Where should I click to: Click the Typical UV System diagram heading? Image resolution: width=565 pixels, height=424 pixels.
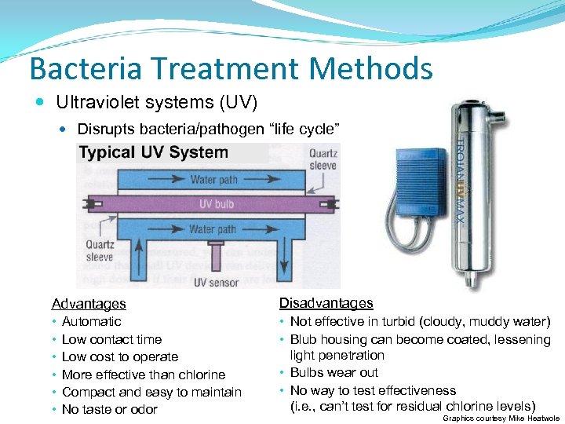click(x=154, y=152)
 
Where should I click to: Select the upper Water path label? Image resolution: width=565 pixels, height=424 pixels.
click(x=213, y=180)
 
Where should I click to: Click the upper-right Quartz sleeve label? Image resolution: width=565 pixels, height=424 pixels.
click(x=322, y=159)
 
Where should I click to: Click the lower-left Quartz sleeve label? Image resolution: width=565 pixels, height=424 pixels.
click(x=100, y=250)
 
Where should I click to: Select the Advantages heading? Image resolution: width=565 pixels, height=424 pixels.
click(x=89, y=304)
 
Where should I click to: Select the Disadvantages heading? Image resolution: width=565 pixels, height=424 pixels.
click(x=326, y=303)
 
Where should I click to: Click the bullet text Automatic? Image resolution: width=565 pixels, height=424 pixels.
click(x=92, y=322)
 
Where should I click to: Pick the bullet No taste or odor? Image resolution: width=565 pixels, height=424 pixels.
click(x=110, y=410)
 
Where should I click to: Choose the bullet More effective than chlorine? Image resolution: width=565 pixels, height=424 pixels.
click(x=144, y=375)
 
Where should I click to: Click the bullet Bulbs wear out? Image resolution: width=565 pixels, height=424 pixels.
click(x=334, y=373)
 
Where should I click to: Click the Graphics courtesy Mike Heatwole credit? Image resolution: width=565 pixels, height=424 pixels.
click(x=501, y=419)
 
